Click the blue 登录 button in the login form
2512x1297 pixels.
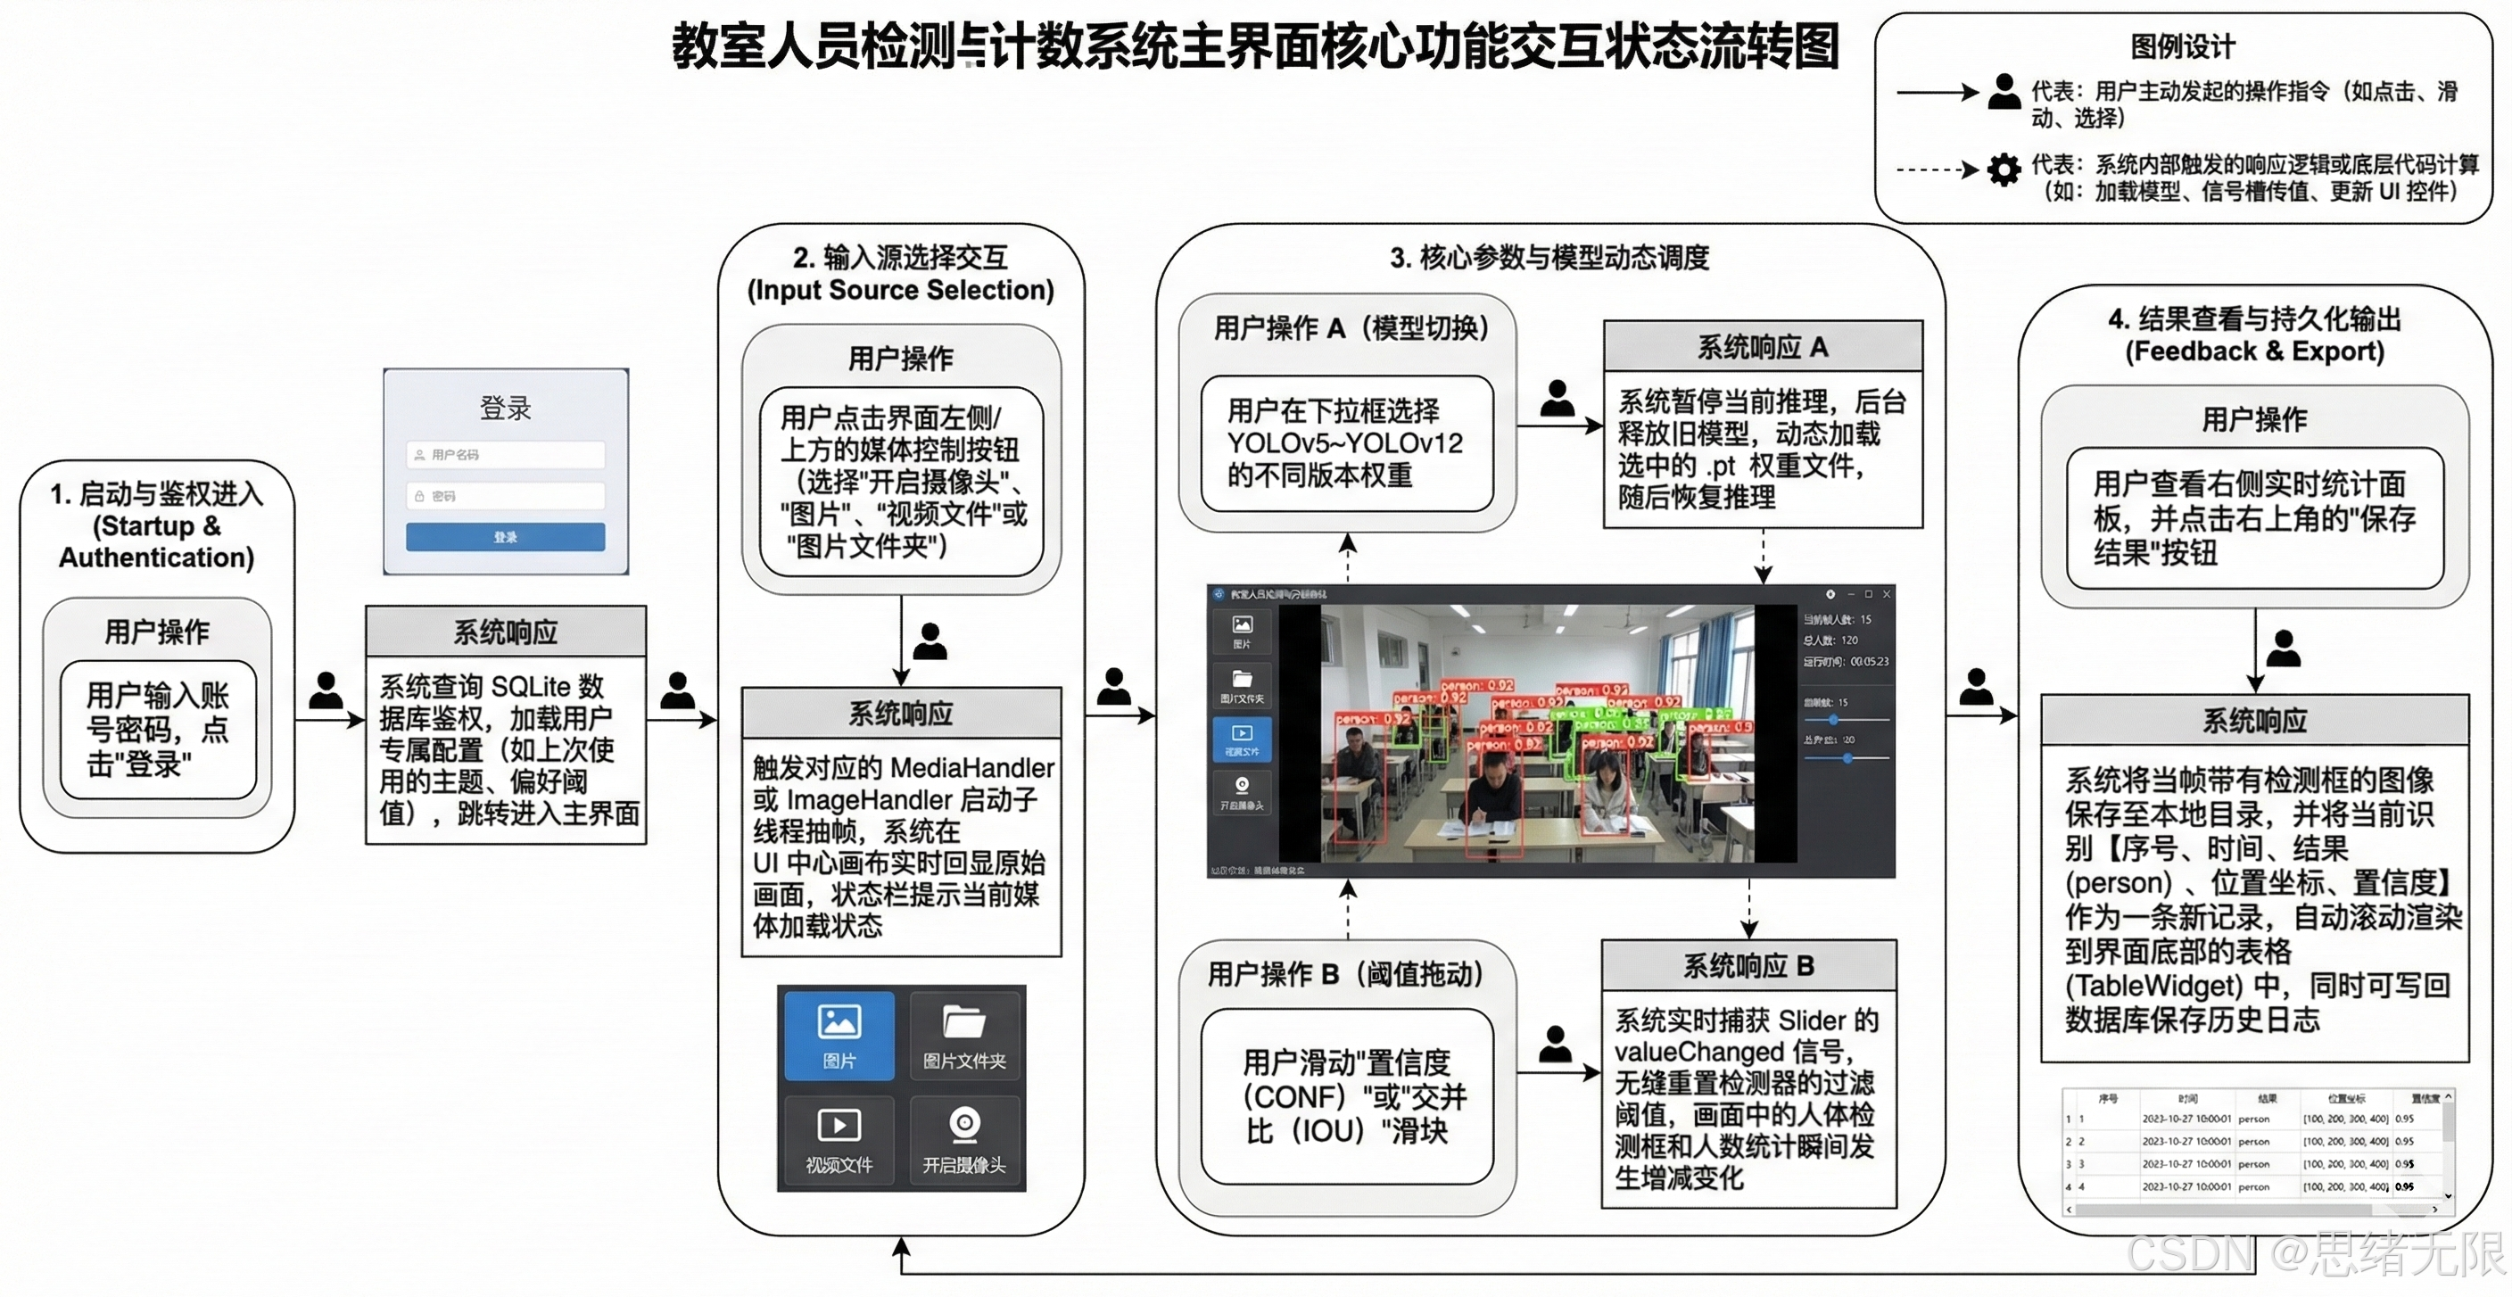point(505,536)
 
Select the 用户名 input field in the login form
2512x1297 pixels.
point(505,454)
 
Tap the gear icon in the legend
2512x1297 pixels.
point(2003,169)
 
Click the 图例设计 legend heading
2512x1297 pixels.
point(2183,45)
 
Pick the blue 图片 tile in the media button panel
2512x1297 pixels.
point(839,1035)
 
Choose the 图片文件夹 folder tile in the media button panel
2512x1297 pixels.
point(964,1035)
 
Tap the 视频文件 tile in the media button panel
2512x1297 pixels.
point(839,1139)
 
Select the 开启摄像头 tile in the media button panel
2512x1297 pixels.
point(964,1139)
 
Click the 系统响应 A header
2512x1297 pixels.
point(1762,346)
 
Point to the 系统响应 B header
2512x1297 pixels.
point(1748,965)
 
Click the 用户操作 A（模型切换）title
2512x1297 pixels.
point(1350,327)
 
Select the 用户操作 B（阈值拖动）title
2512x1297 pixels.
point(1346,973)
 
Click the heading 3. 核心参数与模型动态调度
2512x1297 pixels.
point(1549,258)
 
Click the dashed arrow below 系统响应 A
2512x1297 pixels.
point(1763,556)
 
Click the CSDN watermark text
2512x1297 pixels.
point(2188,1254)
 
